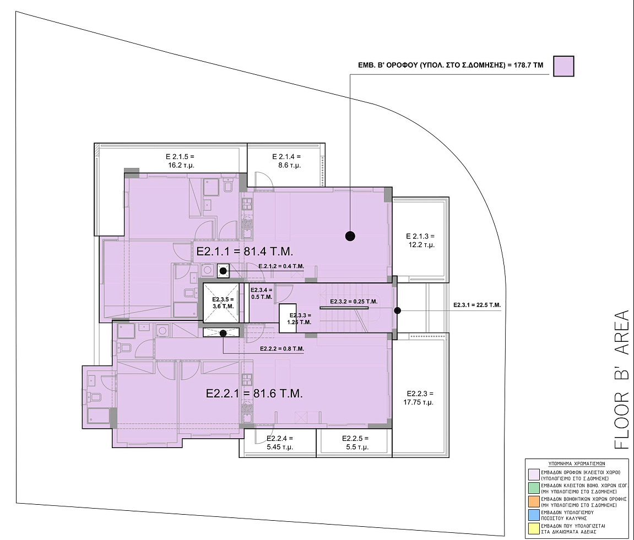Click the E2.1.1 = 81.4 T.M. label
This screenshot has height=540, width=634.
tap(245, 252)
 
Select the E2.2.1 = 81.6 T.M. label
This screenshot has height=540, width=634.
tap(254, 393)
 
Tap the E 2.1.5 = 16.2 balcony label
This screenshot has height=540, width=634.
tap(180, 161)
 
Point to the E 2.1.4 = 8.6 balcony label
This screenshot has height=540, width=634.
tap(286, 161)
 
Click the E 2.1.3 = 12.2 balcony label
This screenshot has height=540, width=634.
tap(420, 241)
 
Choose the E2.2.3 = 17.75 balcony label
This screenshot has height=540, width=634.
tap(419, 398)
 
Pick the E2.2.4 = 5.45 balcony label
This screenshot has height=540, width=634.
tap(280, 443)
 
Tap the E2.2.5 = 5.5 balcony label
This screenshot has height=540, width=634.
tap(355, 443)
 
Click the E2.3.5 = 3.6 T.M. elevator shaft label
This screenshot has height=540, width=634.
tap(223, 303)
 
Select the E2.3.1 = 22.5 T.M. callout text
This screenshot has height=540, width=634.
tap(476, 305)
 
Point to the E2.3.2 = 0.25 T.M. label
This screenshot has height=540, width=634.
tap(354, 302)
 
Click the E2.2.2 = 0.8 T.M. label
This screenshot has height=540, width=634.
tap(282, 348)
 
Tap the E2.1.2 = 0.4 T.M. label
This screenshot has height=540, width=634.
tap(281, 266)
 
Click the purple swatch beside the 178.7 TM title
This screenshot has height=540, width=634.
tap(563, 66)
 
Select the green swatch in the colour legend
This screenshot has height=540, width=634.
tap(534, 488)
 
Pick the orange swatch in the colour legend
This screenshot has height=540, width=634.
tap(534, 501)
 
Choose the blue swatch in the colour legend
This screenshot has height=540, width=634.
tap(534, 515)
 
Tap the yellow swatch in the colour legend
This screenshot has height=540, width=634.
tap(534, 528)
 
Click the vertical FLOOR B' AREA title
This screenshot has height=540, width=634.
tap(622, 380)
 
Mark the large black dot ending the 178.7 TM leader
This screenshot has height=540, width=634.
tap(350, 236)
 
